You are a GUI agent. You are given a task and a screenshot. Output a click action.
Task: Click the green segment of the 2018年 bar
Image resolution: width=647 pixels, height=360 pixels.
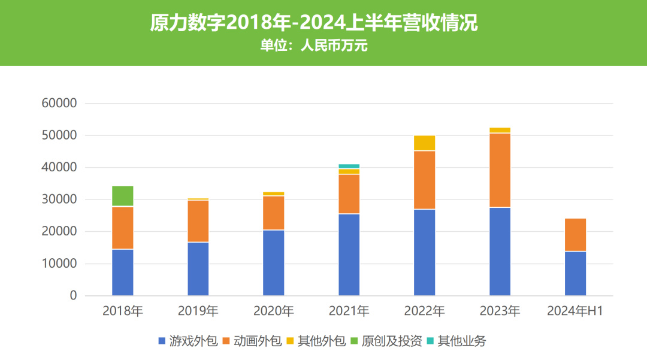pos(123,196)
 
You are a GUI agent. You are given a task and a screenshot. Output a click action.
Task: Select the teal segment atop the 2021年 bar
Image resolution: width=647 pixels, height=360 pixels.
pos(349,166)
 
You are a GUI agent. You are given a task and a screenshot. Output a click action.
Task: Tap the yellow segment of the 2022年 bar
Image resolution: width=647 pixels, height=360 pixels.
pos(425,143)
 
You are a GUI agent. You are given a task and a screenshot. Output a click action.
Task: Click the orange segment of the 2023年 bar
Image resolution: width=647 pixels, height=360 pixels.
pos(500,170)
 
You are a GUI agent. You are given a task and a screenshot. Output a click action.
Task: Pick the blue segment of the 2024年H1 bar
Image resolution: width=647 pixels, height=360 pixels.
pos(576,273)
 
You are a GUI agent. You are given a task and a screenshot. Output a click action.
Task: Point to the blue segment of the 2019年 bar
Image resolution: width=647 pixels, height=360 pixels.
pos(198,268)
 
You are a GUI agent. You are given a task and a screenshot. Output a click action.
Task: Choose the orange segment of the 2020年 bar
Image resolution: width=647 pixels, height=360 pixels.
pos(274,213)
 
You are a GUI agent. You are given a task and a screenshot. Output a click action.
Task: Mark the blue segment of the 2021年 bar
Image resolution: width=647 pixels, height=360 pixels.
pos(349,255)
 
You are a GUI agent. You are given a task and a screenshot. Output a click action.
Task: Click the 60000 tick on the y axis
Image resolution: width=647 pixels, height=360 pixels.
pos(59,104)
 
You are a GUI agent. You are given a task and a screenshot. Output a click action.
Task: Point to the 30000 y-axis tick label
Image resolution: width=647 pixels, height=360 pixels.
pos(59,199)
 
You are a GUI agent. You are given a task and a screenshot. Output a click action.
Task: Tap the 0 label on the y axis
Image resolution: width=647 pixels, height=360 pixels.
pos(73,296)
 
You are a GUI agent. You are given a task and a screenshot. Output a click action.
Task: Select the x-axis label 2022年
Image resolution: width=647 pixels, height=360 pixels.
pos(425,311)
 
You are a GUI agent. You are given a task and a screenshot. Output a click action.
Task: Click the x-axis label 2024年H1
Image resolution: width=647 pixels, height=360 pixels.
pos(576,311)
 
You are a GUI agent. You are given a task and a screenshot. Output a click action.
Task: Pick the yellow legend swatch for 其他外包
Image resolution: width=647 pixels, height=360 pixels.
pos(290,341)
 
